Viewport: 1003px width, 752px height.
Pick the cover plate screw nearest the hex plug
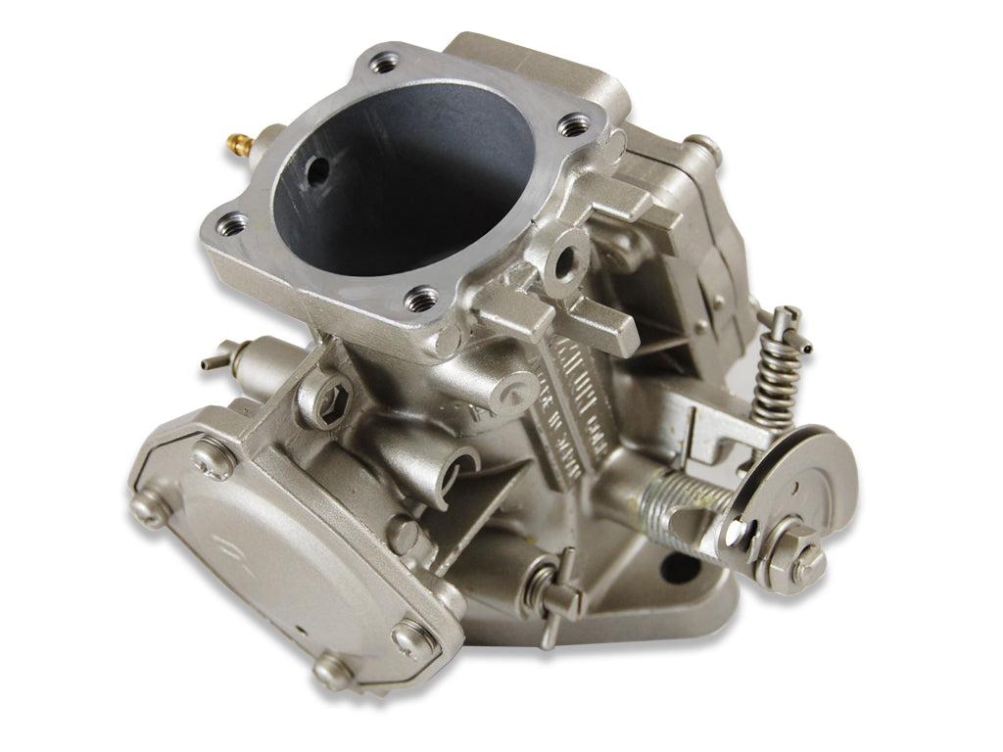click(209, 453)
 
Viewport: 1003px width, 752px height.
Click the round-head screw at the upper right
click(701, 149)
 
